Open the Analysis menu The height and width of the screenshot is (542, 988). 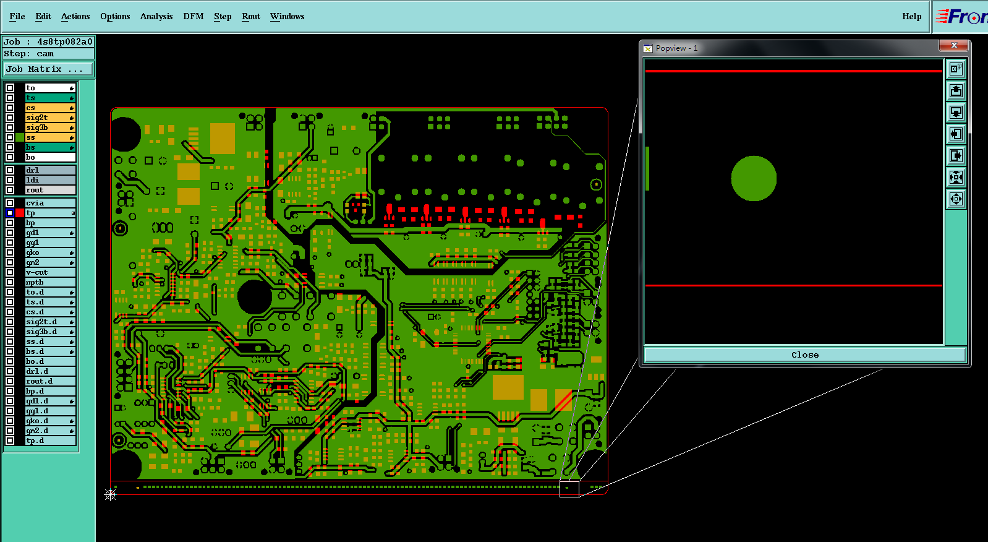click(x=156, y=16)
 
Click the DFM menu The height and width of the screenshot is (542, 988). click(x=193, y=16)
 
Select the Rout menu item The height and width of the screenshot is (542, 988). click(x=250, y=16)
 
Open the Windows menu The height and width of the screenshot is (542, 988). click(x=287, y=16)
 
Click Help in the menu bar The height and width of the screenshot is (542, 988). click(x=911, y=16)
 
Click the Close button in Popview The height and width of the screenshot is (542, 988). click(x=804, y=355)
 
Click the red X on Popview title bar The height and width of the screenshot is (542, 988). click(x=953, y=45)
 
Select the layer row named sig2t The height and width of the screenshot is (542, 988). click(x=50, y=118)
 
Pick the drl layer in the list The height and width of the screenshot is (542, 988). click(x=50, y=170)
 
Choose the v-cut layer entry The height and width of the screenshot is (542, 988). click(x=50, y=272)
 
